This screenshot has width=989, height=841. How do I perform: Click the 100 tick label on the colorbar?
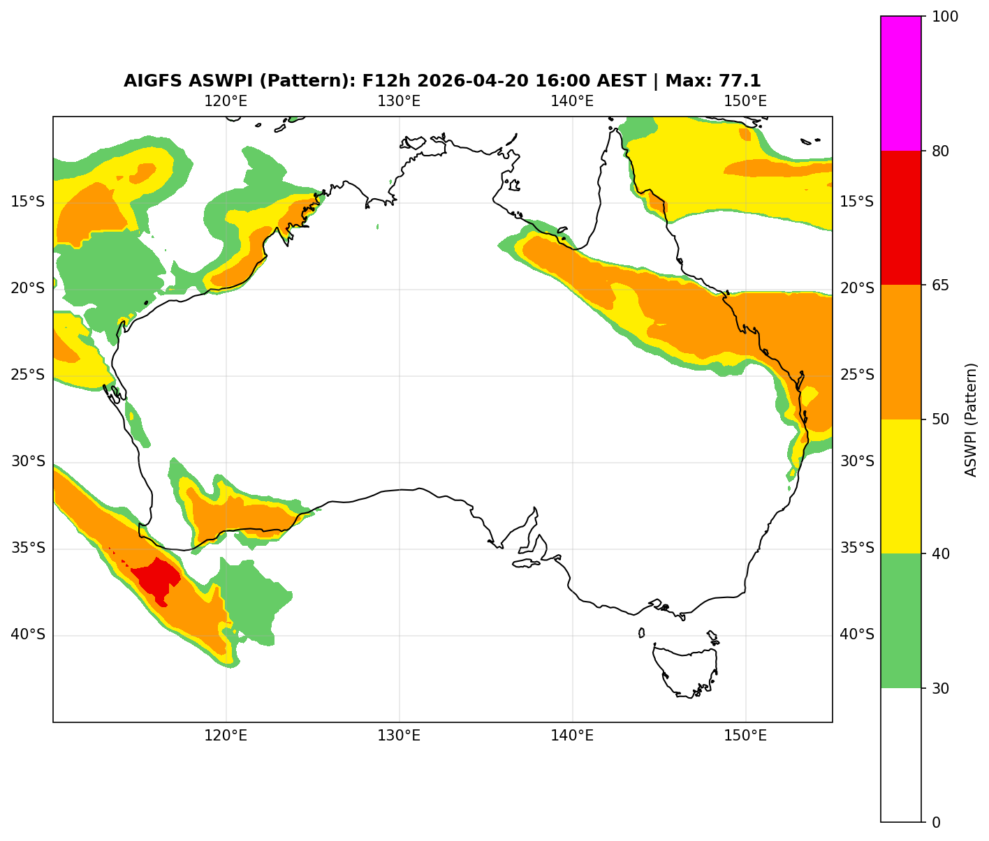pyautogui.click(x=944, y=17)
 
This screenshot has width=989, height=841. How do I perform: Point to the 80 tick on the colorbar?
pyautogui.click(x=940, y=151)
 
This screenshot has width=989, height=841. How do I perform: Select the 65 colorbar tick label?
pyautogui.click(x=940, y=285)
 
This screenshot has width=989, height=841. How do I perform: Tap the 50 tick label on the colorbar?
pyautogui.click(x=940, y=419)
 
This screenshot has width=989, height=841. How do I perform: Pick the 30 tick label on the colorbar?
pyautogui.click(x=940, y=688)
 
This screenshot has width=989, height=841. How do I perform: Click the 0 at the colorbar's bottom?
pyautogui.click(x=936, y=822)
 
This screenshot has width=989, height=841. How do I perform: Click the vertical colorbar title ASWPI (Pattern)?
pyautogui.click(x=970, y=419)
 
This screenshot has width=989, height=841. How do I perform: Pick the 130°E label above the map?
pyautogui.click(x=399, y=101)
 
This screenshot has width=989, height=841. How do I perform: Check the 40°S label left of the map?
pyautogui.click(x=28, y=635)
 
